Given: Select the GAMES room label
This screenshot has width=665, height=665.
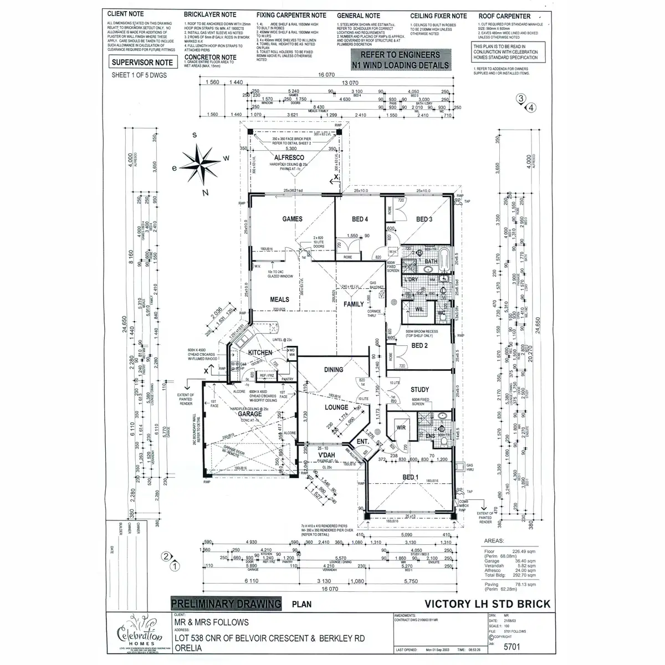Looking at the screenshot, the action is [x=292, y=219].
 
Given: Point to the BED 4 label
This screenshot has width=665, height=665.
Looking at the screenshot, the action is [x=360, y=219].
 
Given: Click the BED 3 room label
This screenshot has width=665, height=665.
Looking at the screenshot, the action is [x=424, y=219].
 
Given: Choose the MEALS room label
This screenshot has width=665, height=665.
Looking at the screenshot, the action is [x=280, y=300].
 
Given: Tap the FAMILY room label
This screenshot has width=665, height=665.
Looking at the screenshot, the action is [x=354, y=304].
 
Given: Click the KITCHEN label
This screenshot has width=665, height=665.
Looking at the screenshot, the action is [x=260, y=352].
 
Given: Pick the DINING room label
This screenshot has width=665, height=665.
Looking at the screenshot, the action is [x=334, y=370].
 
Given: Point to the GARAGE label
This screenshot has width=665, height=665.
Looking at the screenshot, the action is [x=249, y=414].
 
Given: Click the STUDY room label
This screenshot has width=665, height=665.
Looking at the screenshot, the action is [x=420, y=390].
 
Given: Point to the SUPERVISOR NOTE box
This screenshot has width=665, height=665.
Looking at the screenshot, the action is [x=142, y=63].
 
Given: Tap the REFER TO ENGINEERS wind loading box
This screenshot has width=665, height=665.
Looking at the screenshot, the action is [x=401, y=60].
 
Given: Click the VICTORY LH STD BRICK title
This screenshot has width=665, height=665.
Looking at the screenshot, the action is [x=488, y=603].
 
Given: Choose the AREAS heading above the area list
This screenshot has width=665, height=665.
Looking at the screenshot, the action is [x=494, y=540].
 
